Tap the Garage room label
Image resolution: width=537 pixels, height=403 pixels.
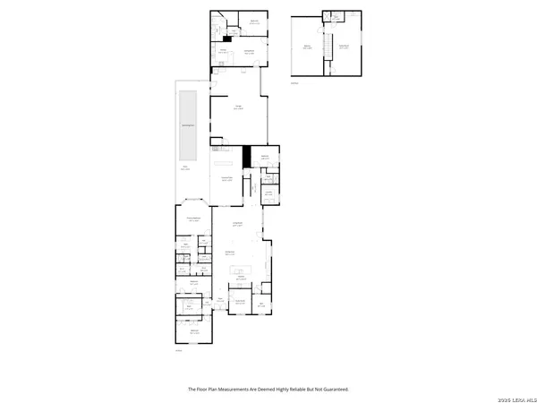coord(240,108)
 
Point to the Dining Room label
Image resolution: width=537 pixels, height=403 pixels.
coord(229,253)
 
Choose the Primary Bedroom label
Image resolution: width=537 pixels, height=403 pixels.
coord(193,219)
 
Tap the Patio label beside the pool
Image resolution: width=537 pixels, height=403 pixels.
coord(185,167)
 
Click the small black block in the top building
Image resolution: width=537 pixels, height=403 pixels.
coord(228,38)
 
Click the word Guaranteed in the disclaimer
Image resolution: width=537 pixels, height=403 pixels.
coord(334,390)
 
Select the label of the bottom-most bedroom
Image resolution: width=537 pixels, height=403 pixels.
coord(194,331)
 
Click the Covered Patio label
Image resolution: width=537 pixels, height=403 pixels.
coord(227,178)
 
